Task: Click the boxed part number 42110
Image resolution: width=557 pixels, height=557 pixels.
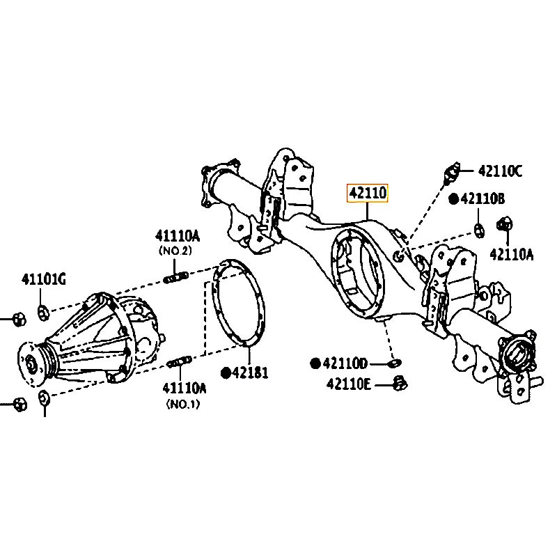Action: coord(368,193)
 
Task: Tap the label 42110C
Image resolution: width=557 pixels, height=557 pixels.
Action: coord(500,171)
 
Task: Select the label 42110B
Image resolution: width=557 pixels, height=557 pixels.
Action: coord(482,199)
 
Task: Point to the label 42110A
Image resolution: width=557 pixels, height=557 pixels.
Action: coord(511,254)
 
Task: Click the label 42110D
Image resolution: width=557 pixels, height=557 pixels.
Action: coord(343,363)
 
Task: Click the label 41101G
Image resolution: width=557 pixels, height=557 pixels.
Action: coord(42,280)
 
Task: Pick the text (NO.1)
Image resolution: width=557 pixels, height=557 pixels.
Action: coord(182,404)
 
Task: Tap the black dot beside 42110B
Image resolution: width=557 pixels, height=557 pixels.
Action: coord(453,199)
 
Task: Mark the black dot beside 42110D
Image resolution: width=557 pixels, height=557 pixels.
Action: coord(315,363)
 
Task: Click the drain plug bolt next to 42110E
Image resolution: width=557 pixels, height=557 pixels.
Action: coord(400,382)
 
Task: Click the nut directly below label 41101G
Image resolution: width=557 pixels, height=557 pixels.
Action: coord(42,310)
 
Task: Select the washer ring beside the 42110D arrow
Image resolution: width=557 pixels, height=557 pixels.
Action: coord(394,363)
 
